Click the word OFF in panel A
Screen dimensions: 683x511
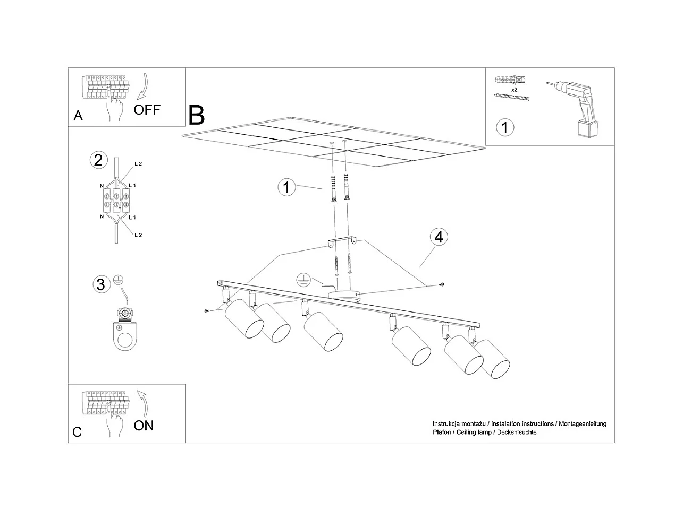[147, 110]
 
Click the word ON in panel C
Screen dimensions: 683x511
[144, 425]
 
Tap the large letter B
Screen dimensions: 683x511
[196, 115]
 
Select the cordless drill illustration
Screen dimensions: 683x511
[573, 109]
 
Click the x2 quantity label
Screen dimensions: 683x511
[514, 90]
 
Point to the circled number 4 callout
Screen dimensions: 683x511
[439, 237]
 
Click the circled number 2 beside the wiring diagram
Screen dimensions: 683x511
[98, 160]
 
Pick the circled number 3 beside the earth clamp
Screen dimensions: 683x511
[102, 284]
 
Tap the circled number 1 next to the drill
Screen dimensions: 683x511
[505, 127]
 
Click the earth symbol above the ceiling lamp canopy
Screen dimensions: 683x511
[303, 280]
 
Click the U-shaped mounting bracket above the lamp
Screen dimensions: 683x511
[342, 242]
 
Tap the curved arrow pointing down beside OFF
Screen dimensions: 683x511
[143, 87]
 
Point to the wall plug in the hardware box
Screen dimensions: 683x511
[510, 80]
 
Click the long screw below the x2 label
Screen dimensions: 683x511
[511, 97]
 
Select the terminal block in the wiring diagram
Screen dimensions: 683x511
[116, 201]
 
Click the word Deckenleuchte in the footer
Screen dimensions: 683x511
[517, 432]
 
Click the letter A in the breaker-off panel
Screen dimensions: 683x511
[78, 116]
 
